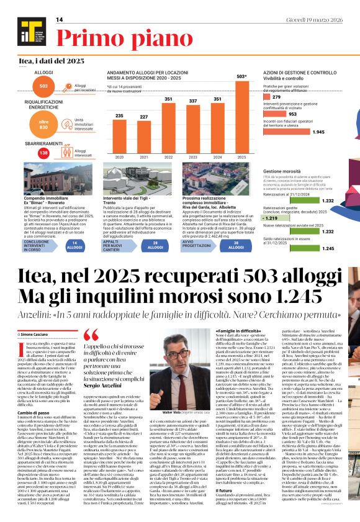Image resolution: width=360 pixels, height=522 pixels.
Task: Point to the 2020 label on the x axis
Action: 120,158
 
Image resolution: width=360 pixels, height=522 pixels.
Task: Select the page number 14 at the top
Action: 60,20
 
